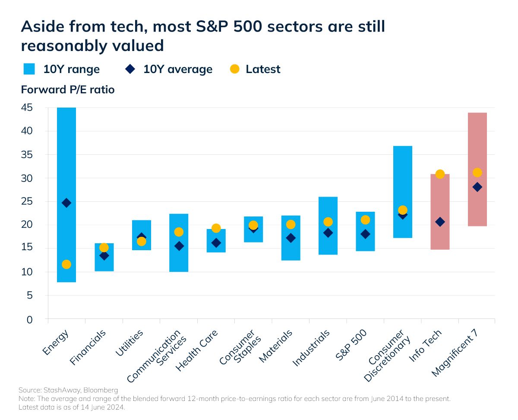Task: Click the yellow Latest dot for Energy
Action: pos(66,264)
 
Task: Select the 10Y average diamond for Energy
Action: pos(66,203)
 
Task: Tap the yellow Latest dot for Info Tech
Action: pos(440,174)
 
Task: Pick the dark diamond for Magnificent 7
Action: pos(477,187)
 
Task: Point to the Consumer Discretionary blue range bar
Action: pos(403,173)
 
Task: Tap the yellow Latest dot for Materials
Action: pos(291,224)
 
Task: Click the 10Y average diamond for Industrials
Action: pos(328,233)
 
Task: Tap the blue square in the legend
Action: pos(29,69)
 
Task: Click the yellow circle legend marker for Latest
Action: pos(235,69)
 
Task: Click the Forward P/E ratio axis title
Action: pos(68,90)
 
